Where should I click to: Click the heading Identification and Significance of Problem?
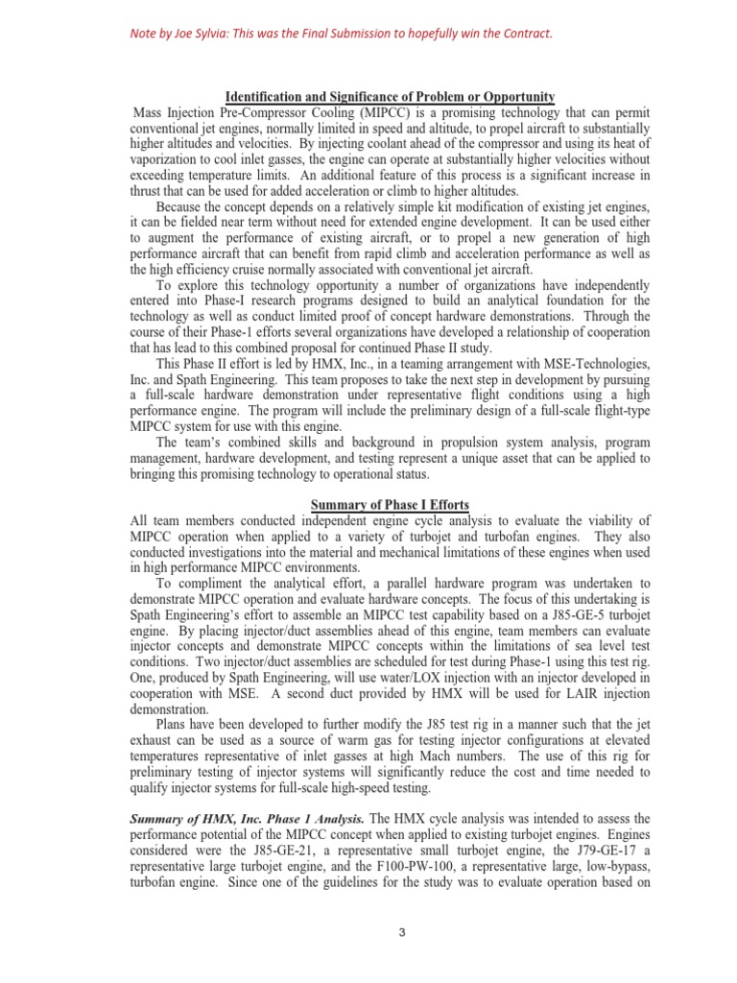(389, 97)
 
